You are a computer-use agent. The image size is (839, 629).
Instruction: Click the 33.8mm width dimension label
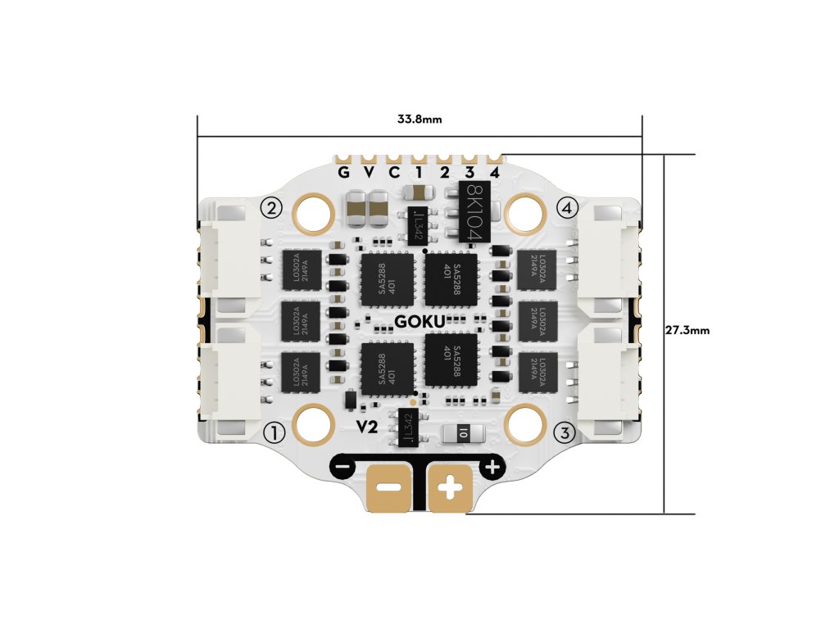point(419,120)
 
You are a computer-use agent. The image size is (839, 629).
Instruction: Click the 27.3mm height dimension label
point(687,331)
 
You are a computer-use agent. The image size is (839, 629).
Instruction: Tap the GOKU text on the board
point(419,321)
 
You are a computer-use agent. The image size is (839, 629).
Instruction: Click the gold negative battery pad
point(388,489)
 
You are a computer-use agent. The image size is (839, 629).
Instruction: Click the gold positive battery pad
point(451,489)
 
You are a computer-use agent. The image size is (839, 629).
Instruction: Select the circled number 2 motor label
point(271,206)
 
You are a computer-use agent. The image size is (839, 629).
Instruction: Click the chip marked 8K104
point(474,211)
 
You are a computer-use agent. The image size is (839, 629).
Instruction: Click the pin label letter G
point(343,173)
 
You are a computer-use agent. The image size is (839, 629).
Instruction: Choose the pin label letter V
point(369,173)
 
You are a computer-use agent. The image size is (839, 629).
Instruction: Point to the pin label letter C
point(394,173)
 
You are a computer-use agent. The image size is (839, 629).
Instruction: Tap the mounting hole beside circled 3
point(525,424)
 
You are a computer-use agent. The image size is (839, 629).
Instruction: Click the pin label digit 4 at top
point(495,173)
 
